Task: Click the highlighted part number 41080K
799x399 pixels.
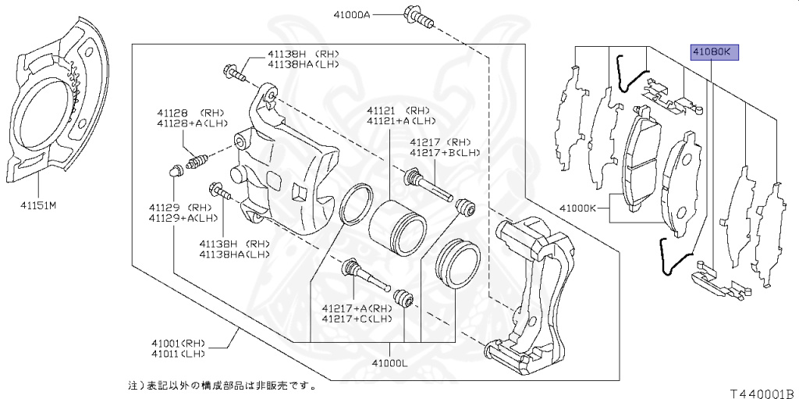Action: pyautogui.click(x=712, y=52)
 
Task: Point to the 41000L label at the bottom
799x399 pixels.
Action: pyautogui.click(x=390, y=364)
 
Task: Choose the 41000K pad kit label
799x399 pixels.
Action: pyautogui.click(x=577, y=208)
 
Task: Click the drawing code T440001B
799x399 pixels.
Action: pyautogui.click(x=762, y=393)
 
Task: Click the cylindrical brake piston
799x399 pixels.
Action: pyautogui.click(x=396, y=223)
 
